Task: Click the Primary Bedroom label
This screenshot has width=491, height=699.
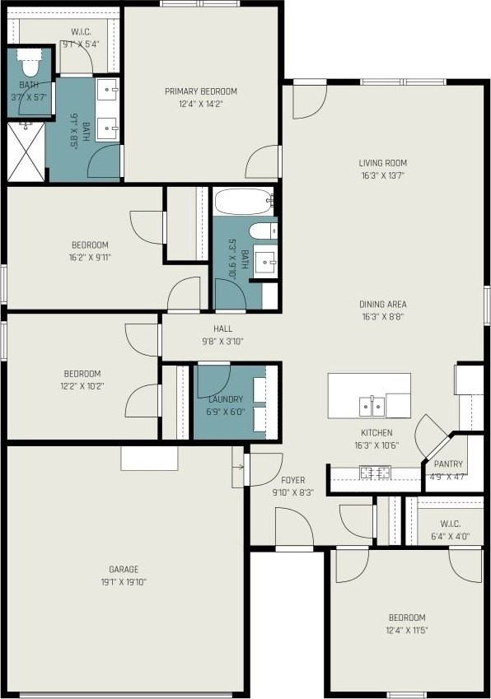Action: (201, 91)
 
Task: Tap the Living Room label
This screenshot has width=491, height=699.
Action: (382, 163)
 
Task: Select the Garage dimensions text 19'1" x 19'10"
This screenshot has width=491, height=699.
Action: (124, 582)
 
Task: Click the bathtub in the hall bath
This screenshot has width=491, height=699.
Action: (244, 202)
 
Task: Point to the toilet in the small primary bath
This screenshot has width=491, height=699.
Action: (30, 63)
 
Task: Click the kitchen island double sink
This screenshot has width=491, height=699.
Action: (372, 406)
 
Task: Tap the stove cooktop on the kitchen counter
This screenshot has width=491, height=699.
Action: (375, 473)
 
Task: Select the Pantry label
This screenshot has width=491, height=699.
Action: (448, 464)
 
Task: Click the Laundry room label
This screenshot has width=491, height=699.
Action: (226, 399)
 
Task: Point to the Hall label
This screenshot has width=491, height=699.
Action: (222, 329)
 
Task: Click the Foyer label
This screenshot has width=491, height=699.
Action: (293, 480)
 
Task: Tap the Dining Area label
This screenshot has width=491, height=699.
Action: (382, 304)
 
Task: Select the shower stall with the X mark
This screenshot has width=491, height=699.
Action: (26, 151)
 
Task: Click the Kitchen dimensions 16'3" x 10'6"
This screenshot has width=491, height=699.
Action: (376, 445)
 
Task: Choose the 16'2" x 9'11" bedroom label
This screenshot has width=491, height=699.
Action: (90, 245)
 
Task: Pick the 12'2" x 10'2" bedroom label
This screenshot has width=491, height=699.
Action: (82, 374)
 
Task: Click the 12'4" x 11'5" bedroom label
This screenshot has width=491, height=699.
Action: (407, 617)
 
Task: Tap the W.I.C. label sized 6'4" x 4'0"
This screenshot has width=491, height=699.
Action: (450, 524)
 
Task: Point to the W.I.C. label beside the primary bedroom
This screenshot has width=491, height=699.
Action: (81, 32)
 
